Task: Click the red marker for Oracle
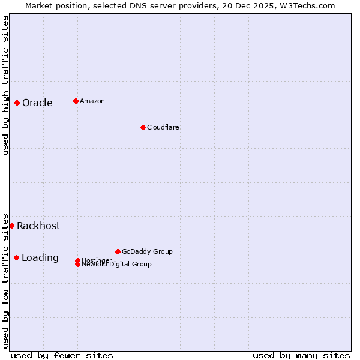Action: (x=17, y=103)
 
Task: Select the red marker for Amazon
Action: (x=76, y=101)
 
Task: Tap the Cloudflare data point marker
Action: (x=143, y=127)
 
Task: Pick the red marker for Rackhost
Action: (x=11, y=226)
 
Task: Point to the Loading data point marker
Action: (x=16, y=257)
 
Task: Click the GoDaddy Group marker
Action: (x=118, y=251)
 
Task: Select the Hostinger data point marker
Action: (x=77, y=260)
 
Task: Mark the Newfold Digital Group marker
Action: (x=77, y=264)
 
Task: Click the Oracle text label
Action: (x=37, y=103)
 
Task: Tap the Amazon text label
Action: (x=92, y=101)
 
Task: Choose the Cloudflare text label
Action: (x=163, y=127)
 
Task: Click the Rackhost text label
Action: (x=38, y=226)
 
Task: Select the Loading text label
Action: (x=40, y=257)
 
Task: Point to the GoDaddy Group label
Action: (x=147, y=251)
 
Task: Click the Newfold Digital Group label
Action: (x=117, y=265)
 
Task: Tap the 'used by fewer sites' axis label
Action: (x=62, y=355)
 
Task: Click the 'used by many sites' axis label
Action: (x=301, y=355)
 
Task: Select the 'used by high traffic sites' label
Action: (x=5, y=85)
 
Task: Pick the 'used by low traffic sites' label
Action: (x=5, y=280)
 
